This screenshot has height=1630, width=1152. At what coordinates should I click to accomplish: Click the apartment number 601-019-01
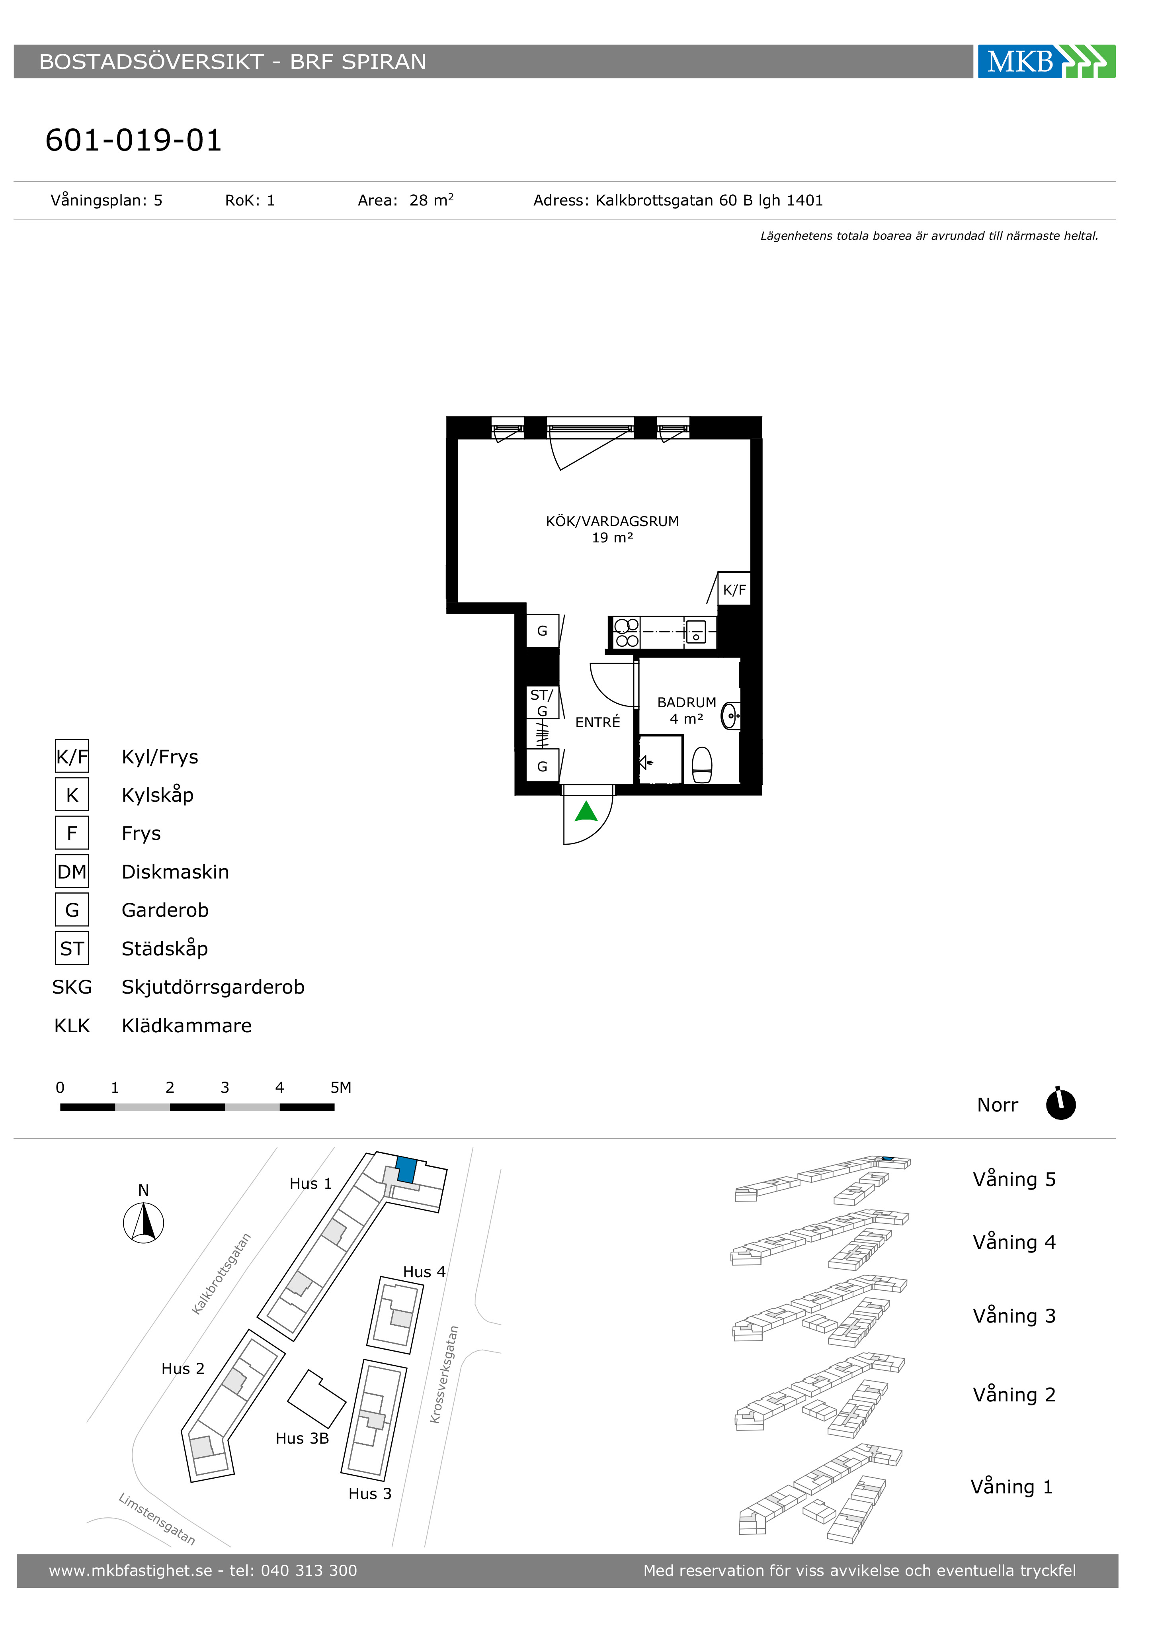[133, 141]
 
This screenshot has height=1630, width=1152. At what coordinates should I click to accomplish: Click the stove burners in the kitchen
[627, 632]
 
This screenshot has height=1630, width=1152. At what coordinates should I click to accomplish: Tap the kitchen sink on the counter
[695, 631]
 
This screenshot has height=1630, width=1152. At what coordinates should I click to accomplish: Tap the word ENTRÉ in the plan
[597, 722]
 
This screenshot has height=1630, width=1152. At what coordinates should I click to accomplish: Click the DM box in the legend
[72, 871]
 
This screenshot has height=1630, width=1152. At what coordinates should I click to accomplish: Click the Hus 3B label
[303, 1438]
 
